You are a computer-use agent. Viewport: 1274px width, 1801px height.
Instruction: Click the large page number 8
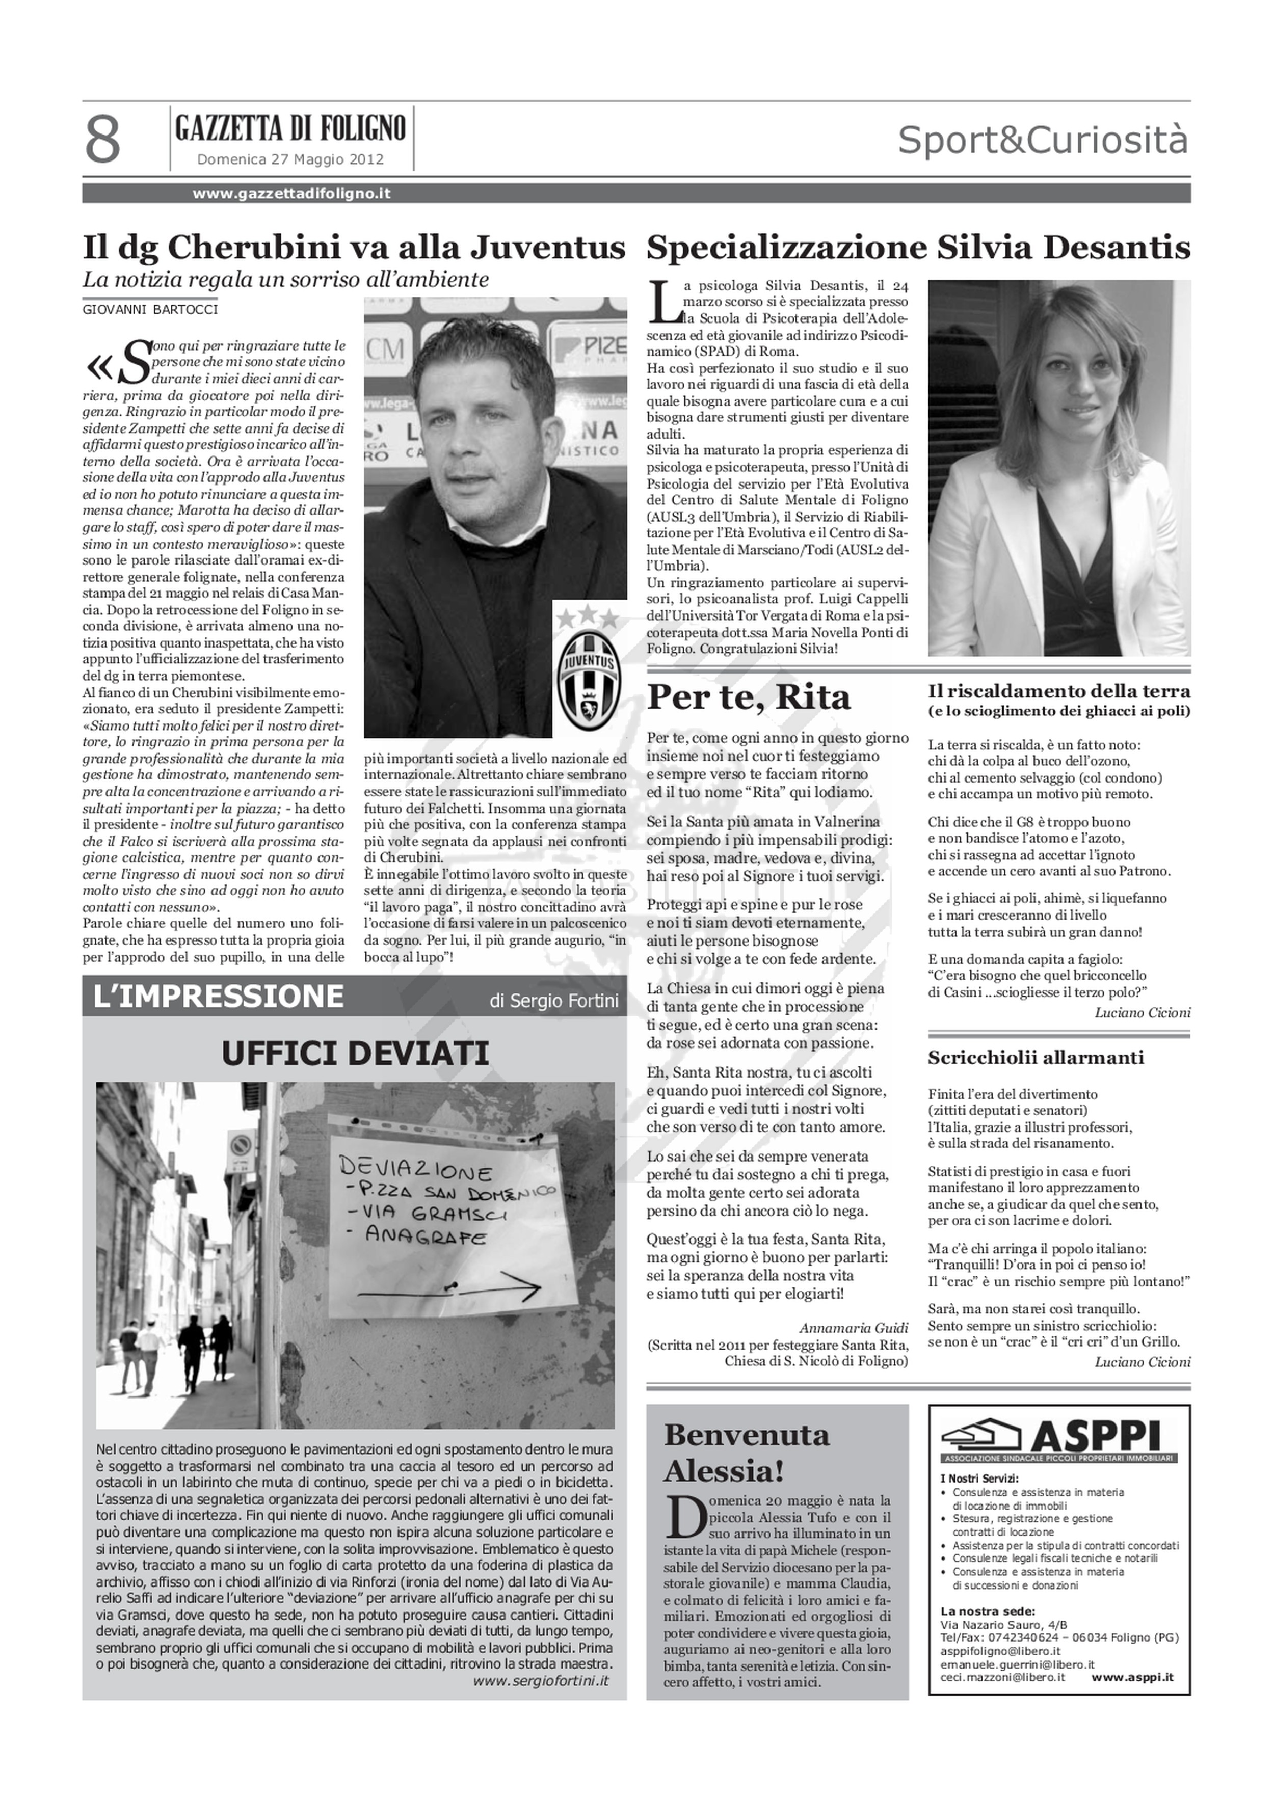click(103, 140)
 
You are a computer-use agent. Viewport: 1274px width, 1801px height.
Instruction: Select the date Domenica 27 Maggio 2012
click(290, 159)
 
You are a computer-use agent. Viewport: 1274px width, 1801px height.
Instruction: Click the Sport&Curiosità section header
click(1043, 141)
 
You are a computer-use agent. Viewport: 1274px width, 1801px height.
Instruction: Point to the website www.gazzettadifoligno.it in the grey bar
click(292, 193)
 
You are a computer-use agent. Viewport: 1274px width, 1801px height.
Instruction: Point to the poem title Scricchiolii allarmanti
click(1036, 1057)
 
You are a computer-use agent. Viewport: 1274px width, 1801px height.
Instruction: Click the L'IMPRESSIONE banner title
click(218, 996)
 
